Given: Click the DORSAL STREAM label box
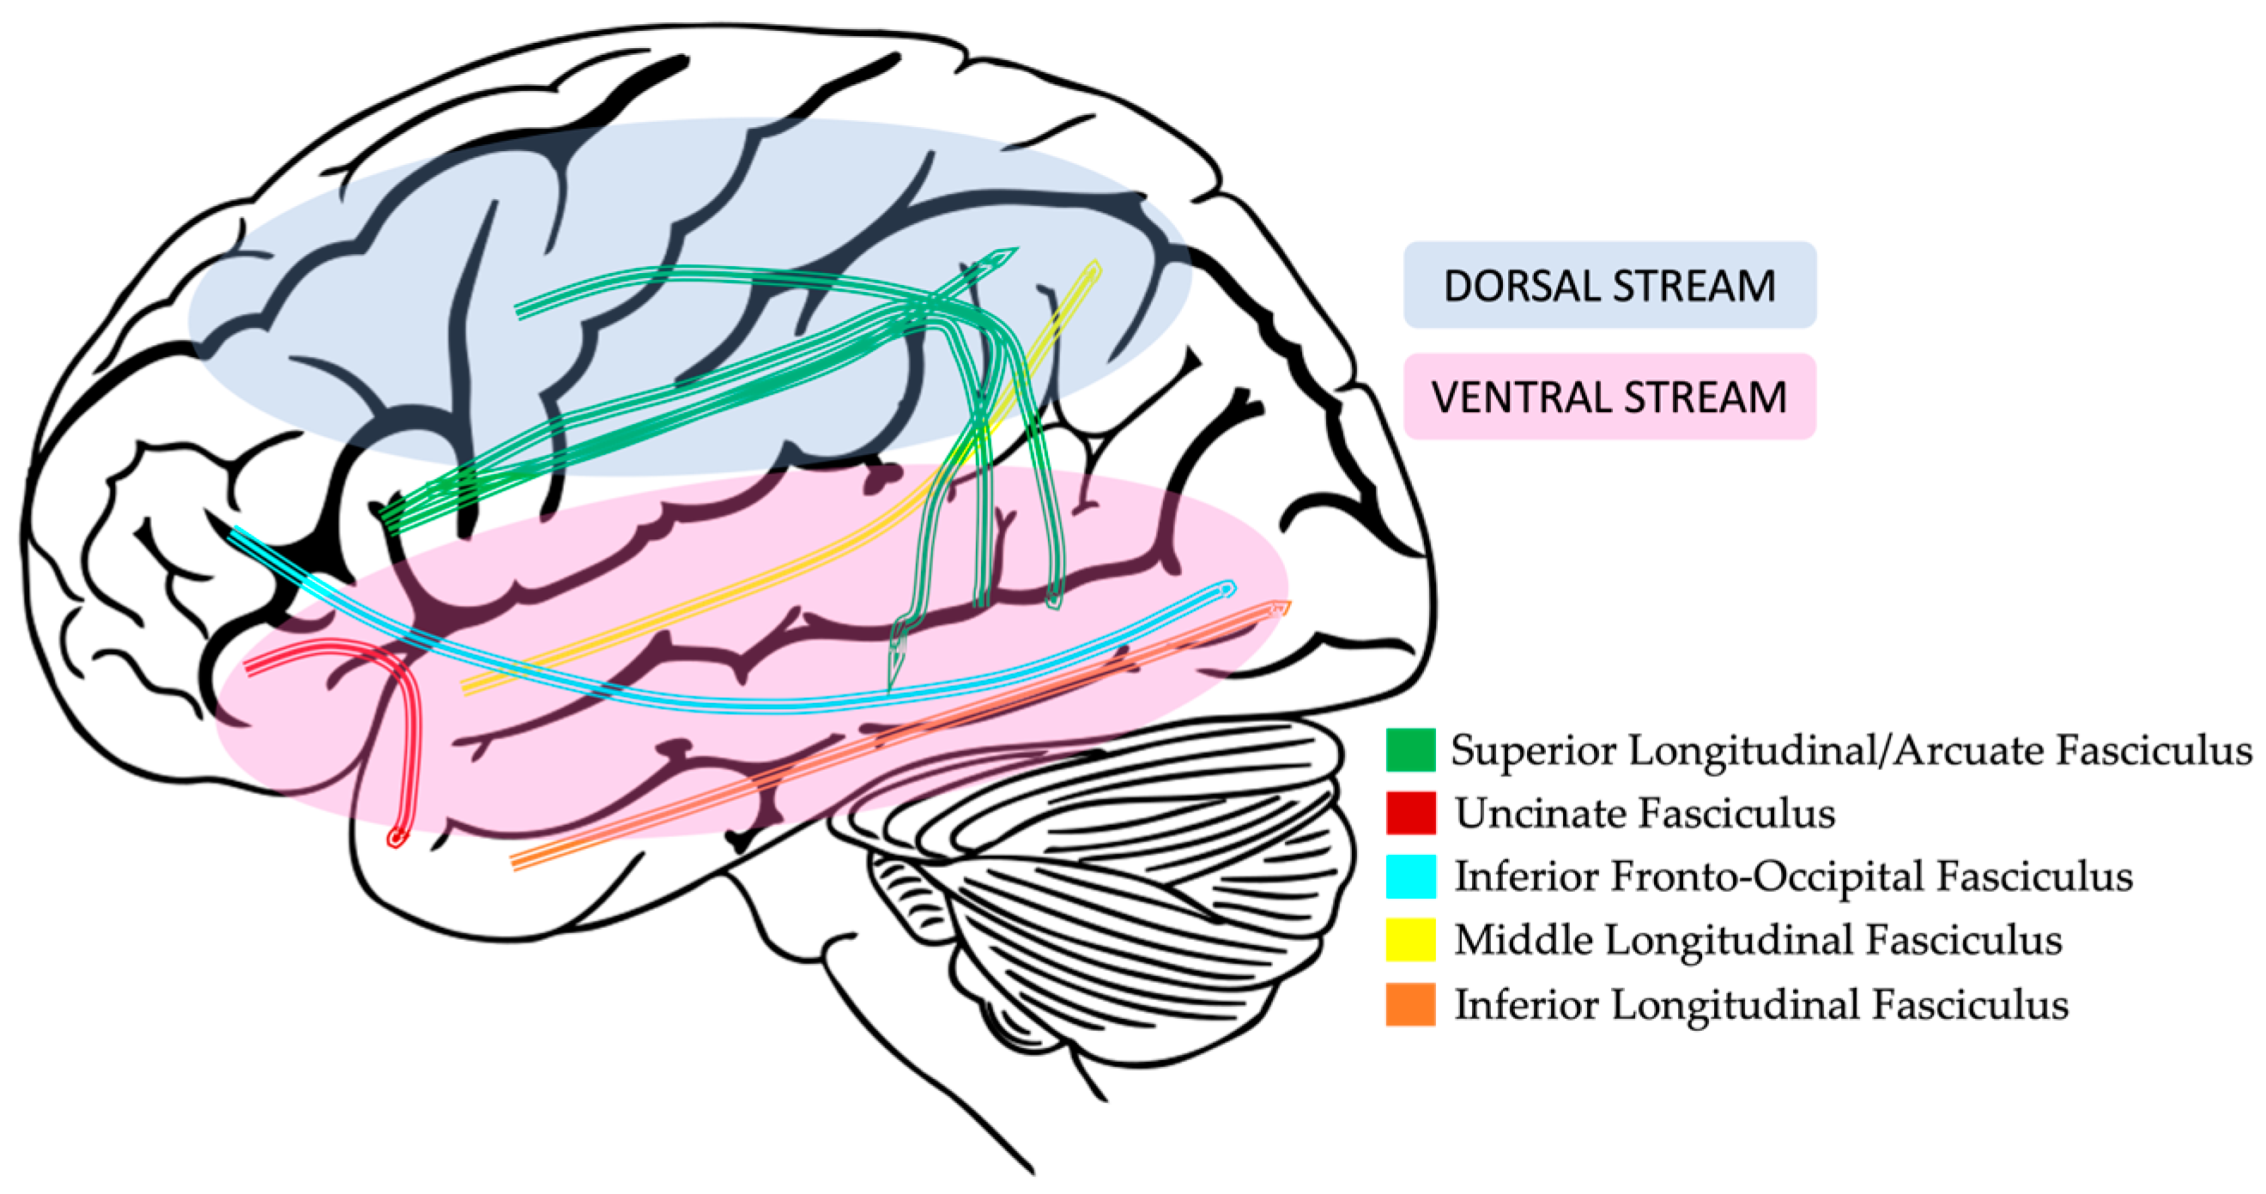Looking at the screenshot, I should pyautogui.click(x=1609, y=285).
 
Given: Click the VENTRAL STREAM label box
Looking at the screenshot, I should pyautogui.click(x=1609, y=397).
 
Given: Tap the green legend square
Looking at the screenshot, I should pyautogui.click(x=1410, y=749).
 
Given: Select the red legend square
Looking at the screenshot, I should pyautogui.click(x=1410, y=813).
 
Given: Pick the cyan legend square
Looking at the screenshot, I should pyautogui.click(x=1410, y=876).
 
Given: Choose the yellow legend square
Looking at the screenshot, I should pyautogui.click(x=1410, y=940).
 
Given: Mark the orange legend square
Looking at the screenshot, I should pyautogui.click(x=1410, y=1004).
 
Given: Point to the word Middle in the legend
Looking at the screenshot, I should pyautogui.click(x=1523, y=940).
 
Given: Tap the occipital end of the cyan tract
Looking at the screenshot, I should pyautogui.click(x=1229, y=588).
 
